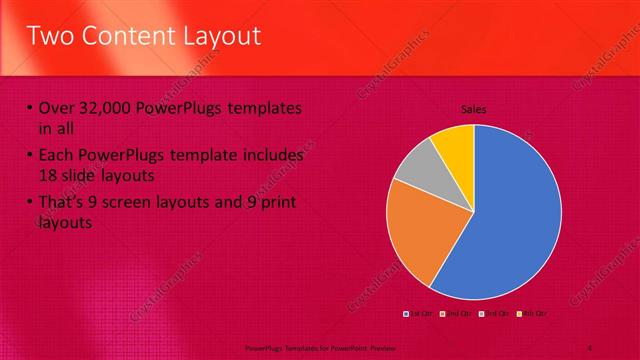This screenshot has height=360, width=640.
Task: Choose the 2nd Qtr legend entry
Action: click(x=456, y=314)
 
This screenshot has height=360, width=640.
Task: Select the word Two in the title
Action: click(x=50, y=37)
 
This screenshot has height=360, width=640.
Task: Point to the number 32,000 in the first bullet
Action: click(x=109, y=109)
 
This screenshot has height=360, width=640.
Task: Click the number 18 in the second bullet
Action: click(x=48, y=176)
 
